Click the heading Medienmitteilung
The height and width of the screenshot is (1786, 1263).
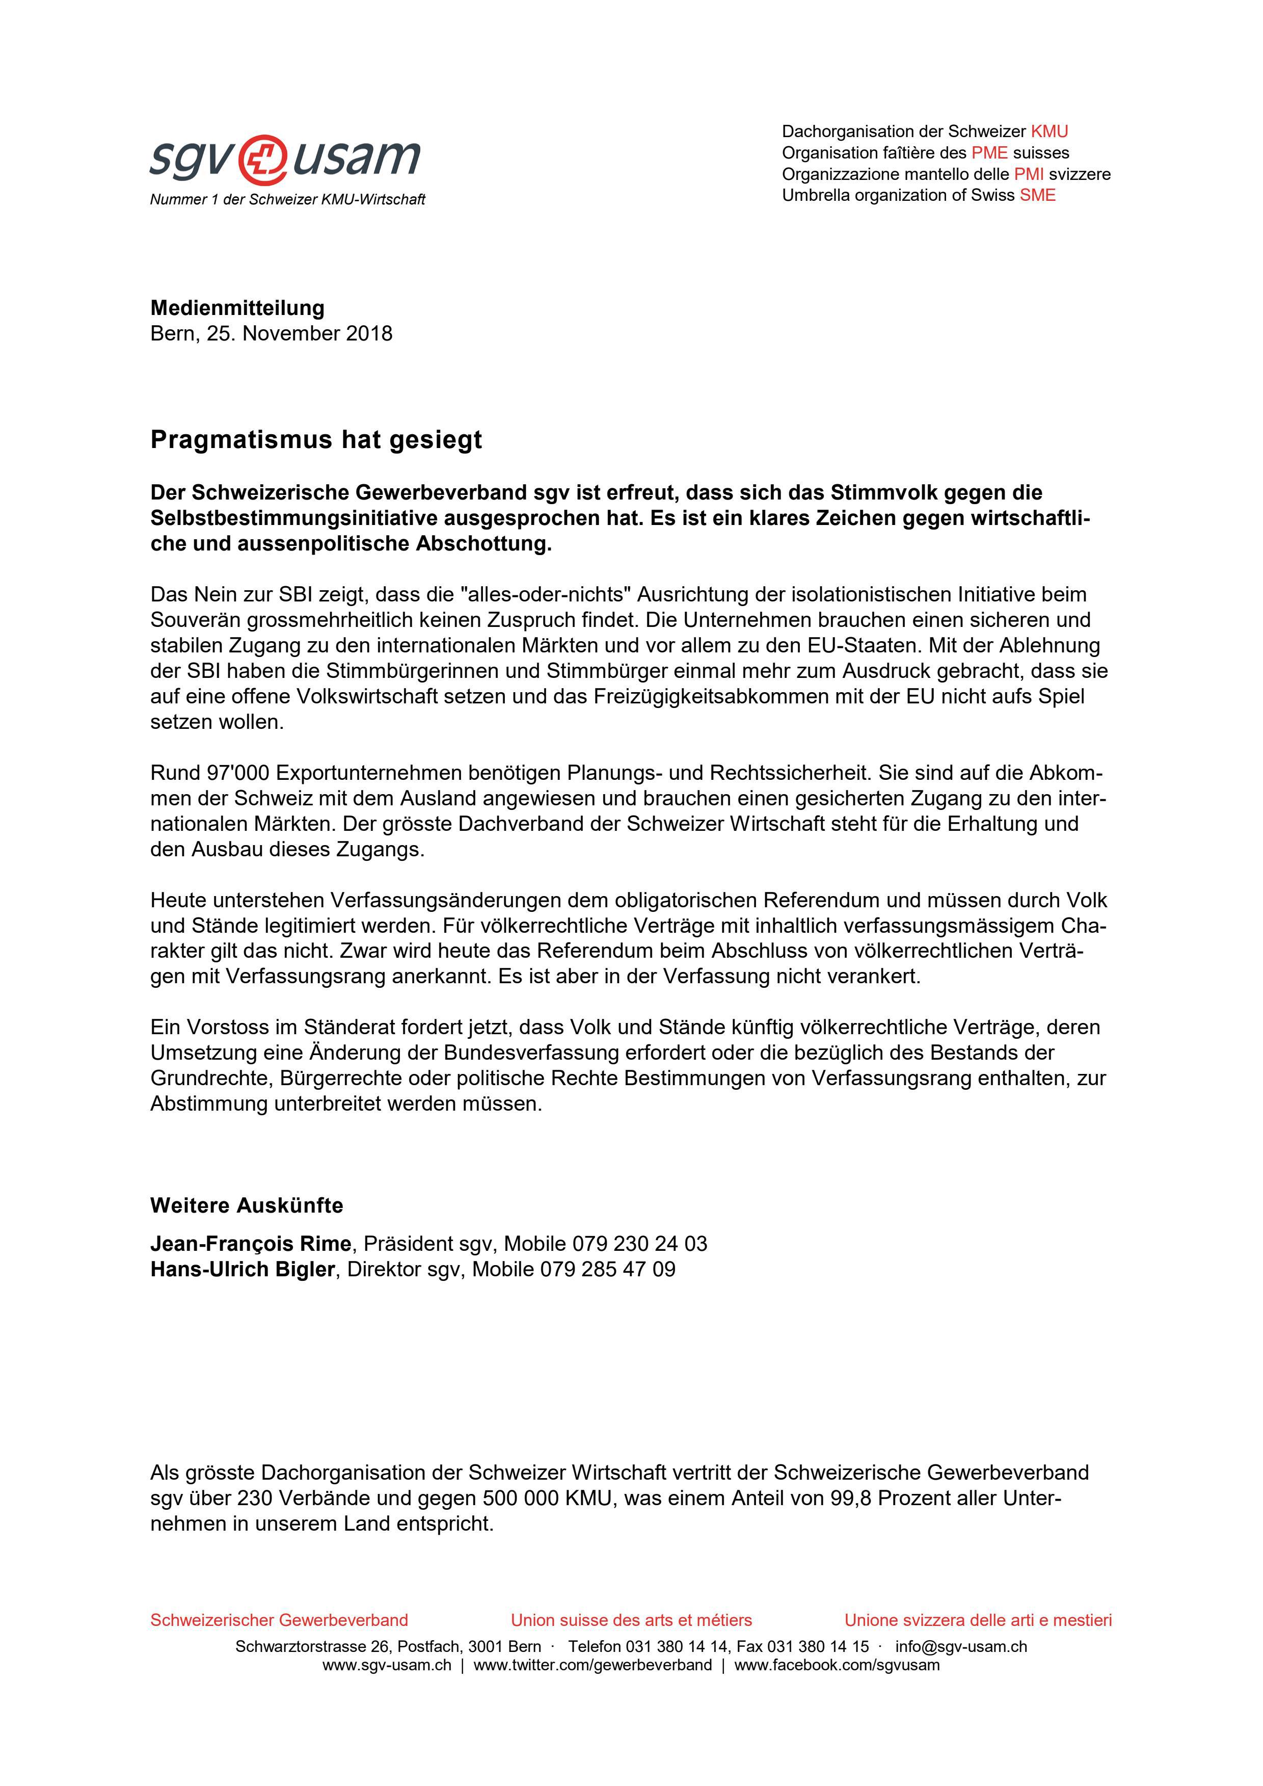click(x=237, y=308)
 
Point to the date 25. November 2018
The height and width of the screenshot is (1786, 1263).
click(x=300, y=334)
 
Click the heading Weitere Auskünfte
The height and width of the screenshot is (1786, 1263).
click(x=247, y=1206)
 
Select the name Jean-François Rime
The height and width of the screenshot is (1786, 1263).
click(x=251, y=1244)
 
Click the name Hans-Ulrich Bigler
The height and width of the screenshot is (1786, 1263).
click(x=242, y=1270)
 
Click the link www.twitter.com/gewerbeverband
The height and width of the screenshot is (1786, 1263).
click(x=592, y=1665)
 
